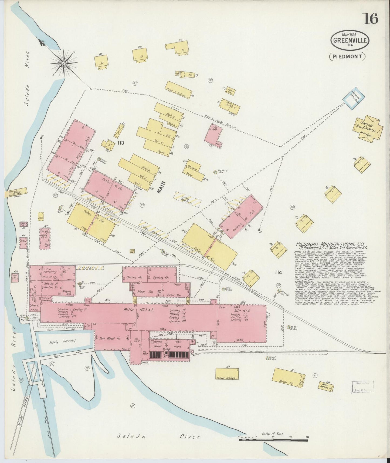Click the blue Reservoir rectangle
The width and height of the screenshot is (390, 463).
coord(354,99)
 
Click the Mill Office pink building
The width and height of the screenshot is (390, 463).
coord(213,133)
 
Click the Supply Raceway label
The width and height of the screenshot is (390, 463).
coord(62,341)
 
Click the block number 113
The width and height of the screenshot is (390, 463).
coord(120,143)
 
